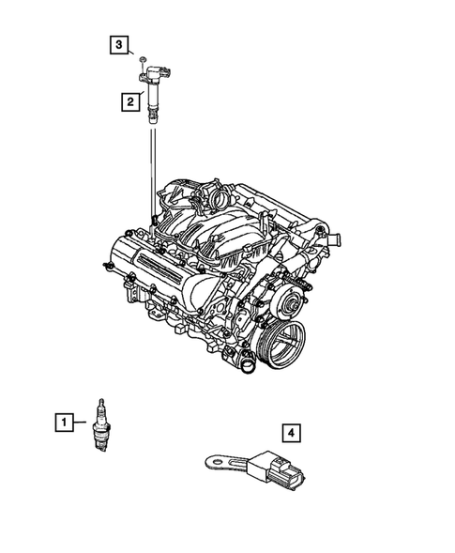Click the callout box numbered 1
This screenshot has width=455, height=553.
(x=62, y=423)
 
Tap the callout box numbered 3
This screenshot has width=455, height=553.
(x=118, y=43)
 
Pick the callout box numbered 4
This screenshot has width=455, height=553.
(x=292, y=432)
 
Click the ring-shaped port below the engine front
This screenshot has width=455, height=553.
(x=247, y=365)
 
